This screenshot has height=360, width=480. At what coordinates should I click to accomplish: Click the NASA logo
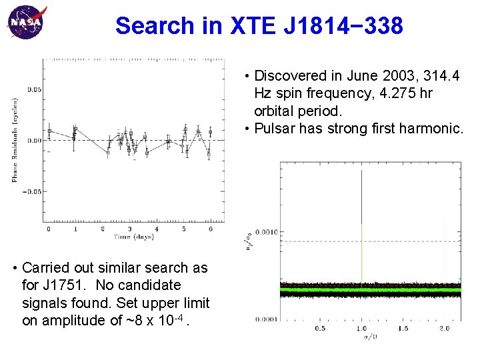27,21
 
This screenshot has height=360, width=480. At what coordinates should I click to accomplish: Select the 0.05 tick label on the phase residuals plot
33,89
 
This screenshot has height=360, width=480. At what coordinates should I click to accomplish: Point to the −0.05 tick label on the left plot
31,191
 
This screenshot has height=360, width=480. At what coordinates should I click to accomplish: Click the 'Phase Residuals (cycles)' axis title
15,140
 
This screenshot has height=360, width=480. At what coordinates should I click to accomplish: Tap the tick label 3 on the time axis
130,229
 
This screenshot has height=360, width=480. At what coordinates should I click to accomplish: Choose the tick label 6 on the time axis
211,229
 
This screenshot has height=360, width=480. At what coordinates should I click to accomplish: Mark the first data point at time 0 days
49,131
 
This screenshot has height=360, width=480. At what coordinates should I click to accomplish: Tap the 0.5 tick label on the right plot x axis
320,328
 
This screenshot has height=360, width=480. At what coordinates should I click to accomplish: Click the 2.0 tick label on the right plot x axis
445,328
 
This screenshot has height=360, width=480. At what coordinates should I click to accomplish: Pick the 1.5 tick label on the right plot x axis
403,328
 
